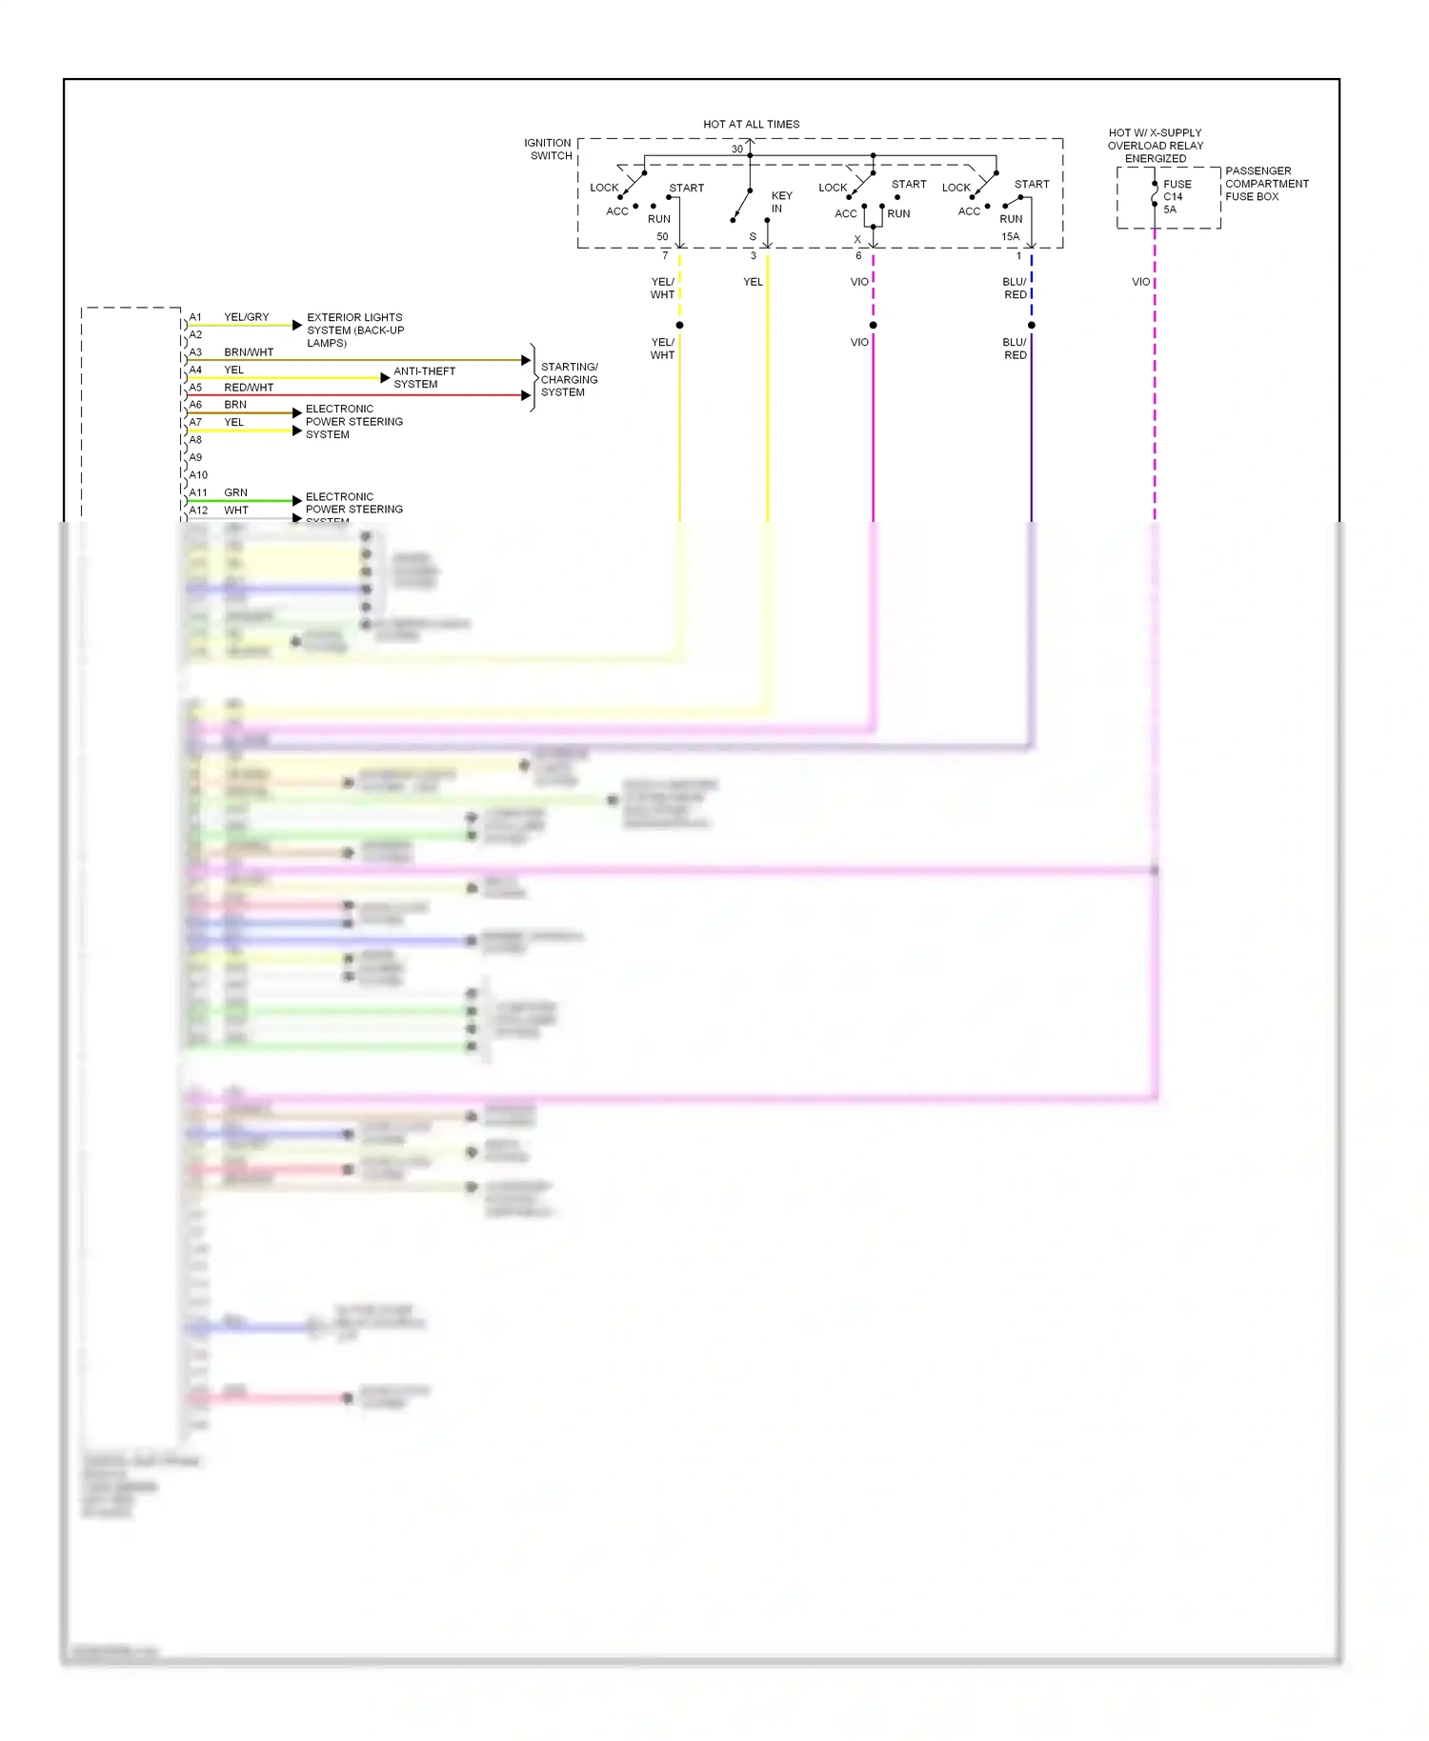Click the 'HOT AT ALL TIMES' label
(x=751, y=124)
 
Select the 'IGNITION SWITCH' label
(x=548, y=150)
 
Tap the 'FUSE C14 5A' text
(x=1176, y=197)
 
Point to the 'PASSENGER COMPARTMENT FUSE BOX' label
(x=1266, y=184)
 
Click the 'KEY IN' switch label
(x=780, y=202)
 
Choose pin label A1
(x=195, y=317)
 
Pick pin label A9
(x=195, y=457)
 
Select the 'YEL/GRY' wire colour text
(x=246, y=317)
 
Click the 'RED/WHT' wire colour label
(x=249, y=388)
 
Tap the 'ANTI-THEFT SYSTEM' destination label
(x=424, y=378)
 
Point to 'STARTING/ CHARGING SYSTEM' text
(x=569, y=379)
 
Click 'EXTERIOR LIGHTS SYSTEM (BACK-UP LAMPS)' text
(x=354, y=330)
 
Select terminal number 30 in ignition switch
(x=736, y=150)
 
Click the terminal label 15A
(x=1010, y=236)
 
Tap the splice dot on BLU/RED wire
(x=1031, y=326)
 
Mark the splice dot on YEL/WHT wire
(x=679, y=326)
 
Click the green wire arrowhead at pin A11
(x=297, y=501)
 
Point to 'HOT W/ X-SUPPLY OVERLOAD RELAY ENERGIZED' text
(x=1155, y=146)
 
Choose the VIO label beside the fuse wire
(x=1140, y=282)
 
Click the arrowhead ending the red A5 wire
(x=526, y=395)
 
